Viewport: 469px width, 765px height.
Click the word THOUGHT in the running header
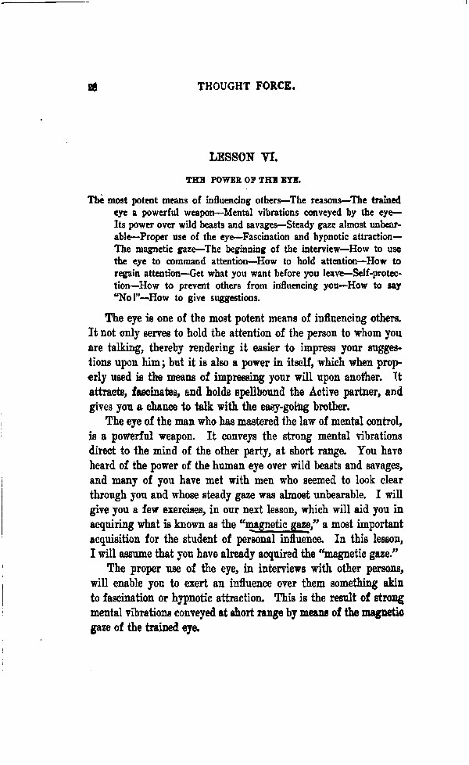[225, 88]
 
